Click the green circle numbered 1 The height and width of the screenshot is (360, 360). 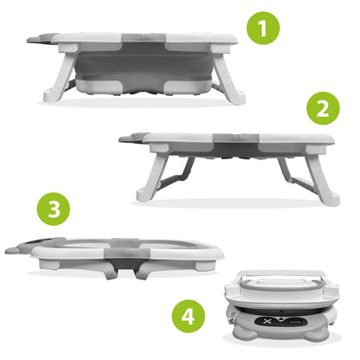pyautogui.click(x=263, y=28)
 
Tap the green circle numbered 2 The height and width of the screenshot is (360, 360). pyautogui.click(x=323, y=108)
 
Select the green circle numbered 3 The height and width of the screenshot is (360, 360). pyautogui.click(x=54, y=209)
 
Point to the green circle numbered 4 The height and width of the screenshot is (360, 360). pyautogui.click(x=189, y=316)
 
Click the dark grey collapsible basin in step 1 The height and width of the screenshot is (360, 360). pyautogui.click(x=145, y=67)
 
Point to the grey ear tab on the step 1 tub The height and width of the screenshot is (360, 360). pyautogui.click(x=41, y=39)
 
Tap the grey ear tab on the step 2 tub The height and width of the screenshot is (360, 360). pyautogui.click(x=133, y=138)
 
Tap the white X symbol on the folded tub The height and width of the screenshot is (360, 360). pyautogui.click(x=267, y=321)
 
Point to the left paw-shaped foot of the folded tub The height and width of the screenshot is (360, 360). pyautogui.click(x=245, y=334)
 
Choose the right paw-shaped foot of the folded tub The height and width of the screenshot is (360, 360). pyautogui.click(x=317, y=335)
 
